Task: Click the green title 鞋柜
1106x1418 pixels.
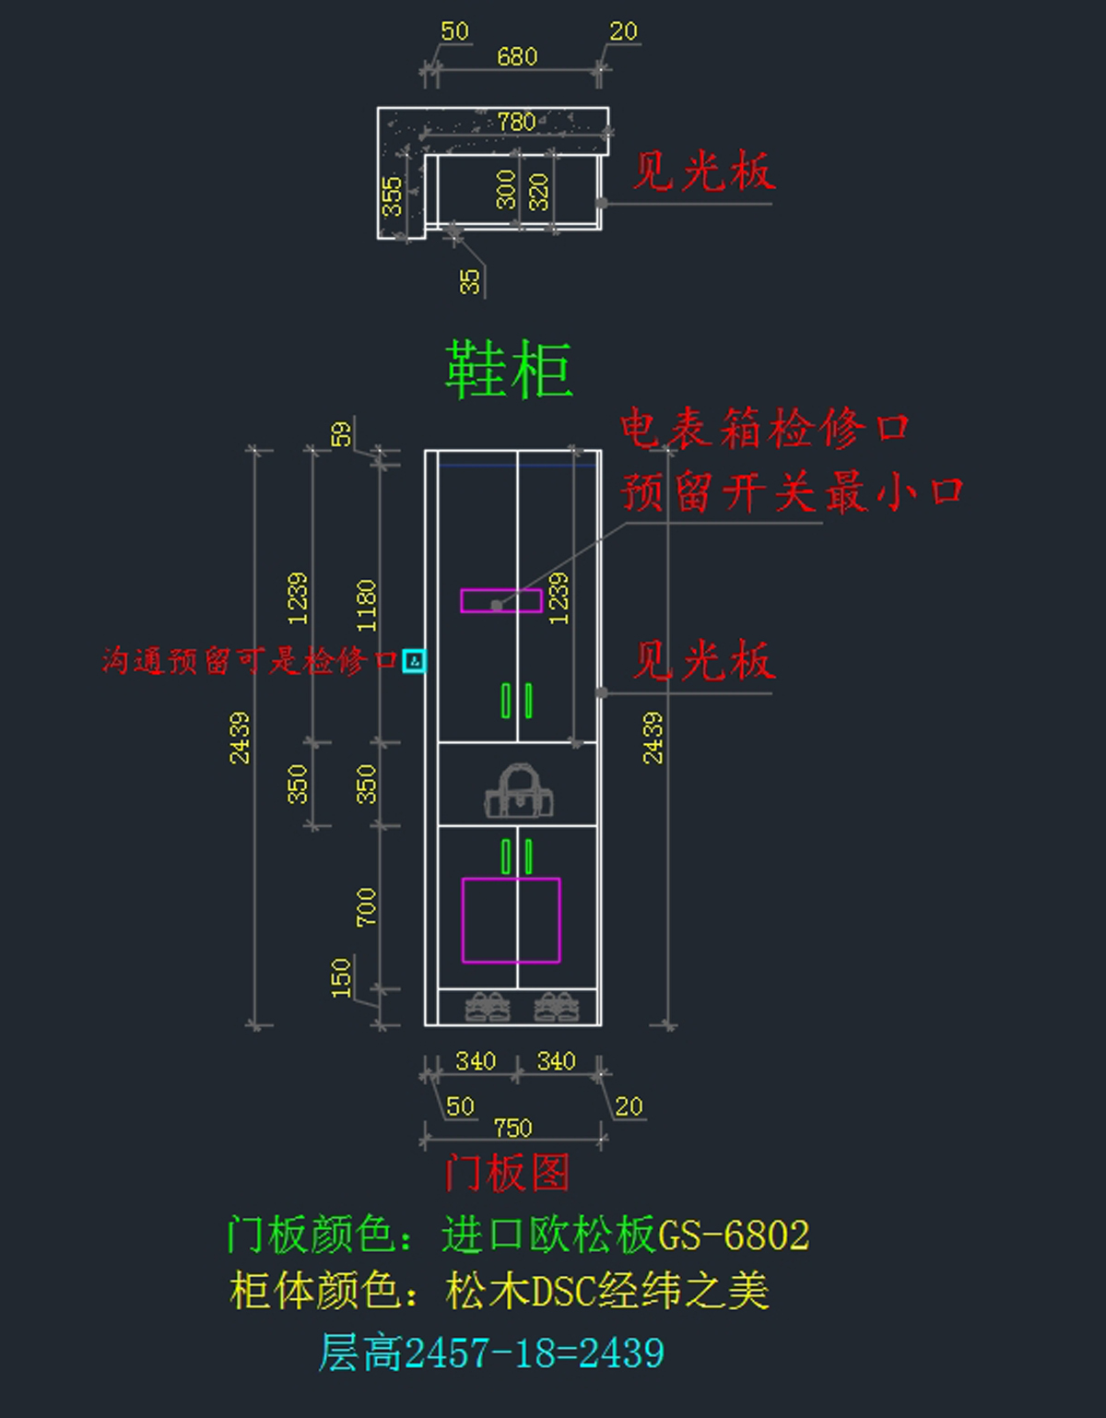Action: click(x=509, y=370)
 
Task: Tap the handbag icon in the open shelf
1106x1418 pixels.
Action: click(x=519, y=792)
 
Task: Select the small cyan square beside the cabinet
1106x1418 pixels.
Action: click(x=414, y=661)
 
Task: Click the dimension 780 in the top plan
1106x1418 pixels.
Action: click(x=516, y=122)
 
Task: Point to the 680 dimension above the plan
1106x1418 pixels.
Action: click(x=516, y=57)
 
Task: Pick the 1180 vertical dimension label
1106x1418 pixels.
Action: click(x=367, y=606)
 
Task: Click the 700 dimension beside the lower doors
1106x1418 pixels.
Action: click(x=367, y=907)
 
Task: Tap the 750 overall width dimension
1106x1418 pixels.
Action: click(x=512, y=1128)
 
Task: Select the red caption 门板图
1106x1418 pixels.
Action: click(x=507, y=1173)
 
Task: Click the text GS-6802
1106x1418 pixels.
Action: click(x=734, y=1235)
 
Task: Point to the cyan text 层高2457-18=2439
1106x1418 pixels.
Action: click(x=491, y=1353)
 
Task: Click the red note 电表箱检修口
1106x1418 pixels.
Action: click(x=764, y=430)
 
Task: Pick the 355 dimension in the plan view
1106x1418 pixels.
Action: click(x=392, y=196)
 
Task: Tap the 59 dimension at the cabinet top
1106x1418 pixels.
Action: click(x=341, y=434)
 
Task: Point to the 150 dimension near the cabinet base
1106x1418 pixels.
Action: click(x=341, y=977)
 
